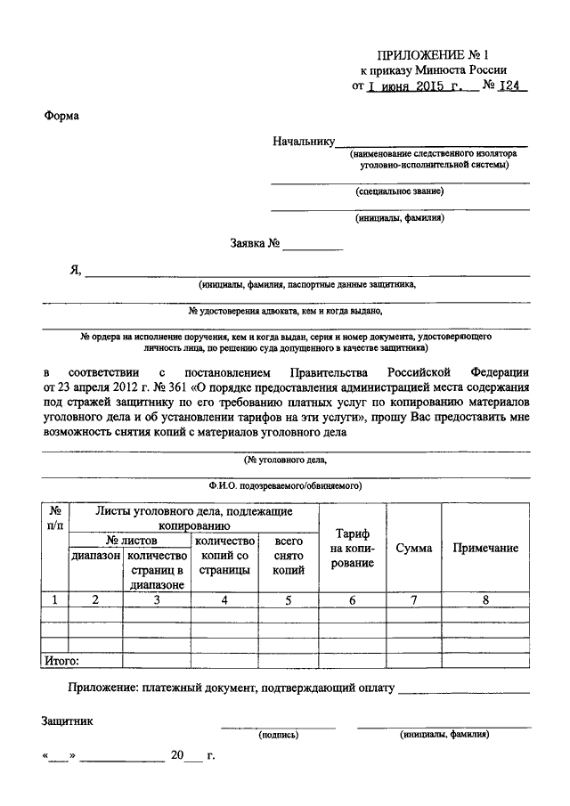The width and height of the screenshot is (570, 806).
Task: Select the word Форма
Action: [x=60, y=115]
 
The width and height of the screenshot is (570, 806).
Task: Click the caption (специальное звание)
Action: [x=399, y=191]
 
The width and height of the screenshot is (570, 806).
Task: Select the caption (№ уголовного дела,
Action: [x=286, y=460]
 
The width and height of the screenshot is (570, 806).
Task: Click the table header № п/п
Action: [x=55, y=518]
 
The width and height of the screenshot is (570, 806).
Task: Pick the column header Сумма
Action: [x=414, y=548]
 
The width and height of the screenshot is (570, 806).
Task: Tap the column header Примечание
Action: [x=485, y=548]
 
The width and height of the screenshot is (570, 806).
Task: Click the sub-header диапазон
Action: [x=95, y=555]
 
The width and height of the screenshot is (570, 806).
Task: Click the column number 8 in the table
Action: [x=485, y=600]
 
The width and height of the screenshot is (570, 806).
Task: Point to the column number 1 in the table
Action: [x=55, y=600]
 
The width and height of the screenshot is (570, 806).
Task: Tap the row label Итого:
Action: [x=61, y=661]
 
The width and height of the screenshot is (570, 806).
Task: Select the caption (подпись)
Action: [x=278, y=736]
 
